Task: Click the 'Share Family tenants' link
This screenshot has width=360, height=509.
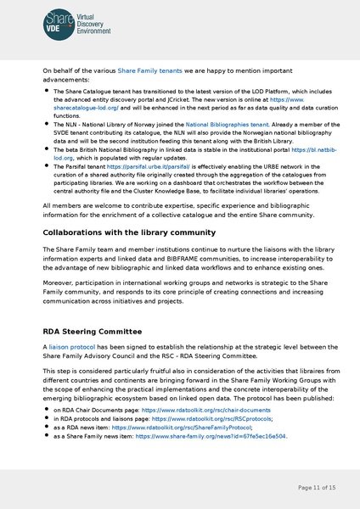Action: [149, 71]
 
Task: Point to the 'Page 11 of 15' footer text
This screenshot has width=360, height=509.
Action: [317, 488]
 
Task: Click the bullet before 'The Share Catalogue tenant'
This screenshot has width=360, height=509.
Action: [46, 92]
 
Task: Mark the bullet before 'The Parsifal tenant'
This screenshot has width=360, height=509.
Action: [46, 167]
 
